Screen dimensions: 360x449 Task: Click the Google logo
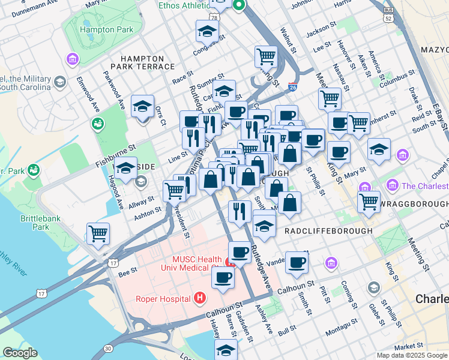(20, 353)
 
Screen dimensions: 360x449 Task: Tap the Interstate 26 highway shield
(292, 87)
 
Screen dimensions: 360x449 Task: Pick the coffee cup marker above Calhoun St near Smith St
(296, 262)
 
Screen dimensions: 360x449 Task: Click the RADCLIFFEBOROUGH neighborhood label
(328, 230)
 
